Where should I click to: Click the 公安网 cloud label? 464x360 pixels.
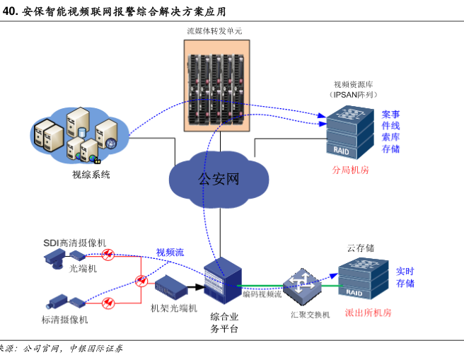coord(219,178)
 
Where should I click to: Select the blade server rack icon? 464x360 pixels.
coord(219,84)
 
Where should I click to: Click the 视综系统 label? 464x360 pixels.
coord(91,175)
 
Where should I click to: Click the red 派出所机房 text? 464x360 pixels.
coord(368,312)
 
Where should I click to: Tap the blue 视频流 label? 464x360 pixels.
coord(170,252)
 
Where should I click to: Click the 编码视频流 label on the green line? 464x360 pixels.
coord(262,294)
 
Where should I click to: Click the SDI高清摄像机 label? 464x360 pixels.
coord(74,243)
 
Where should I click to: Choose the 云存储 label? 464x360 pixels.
coord(360,248)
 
